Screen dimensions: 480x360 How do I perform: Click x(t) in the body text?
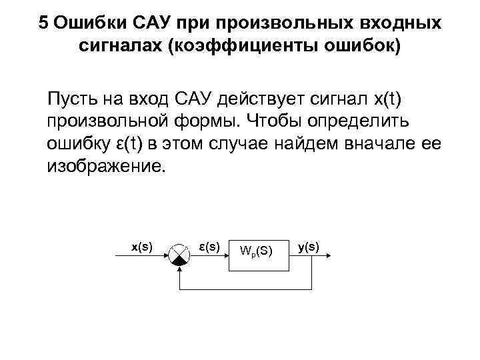(x=381, y=101)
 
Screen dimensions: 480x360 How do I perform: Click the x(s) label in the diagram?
(x=141, y=247)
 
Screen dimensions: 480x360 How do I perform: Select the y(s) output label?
(x=309, y=247)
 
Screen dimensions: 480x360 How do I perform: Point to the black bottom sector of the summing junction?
(x=179, y=261)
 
